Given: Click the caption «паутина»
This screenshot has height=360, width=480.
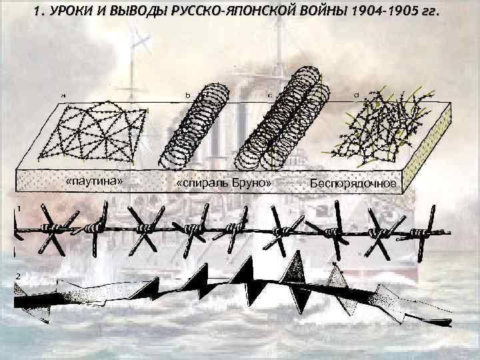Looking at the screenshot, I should [x=94, y=182].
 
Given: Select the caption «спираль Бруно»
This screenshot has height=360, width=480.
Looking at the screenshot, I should [x=223, y=183].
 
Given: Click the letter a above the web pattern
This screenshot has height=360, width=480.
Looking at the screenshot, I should [x=64, y=95].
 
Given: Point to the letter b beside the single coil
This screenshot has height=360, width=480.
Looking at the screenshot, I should [x=188, y=95].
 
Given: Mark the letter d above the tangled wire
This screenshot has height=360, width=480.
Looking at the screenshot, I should [x=357, y=95].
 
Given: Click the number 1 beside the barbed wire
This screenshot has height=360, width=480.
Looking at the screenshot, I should [x=20, y=209].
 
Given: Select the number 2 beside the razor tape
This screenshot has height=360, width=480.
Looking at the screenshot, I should [x=20, y=276].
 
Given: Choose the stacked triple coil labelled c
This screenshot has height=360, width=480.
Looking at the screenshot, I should [x=287, y=123].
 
